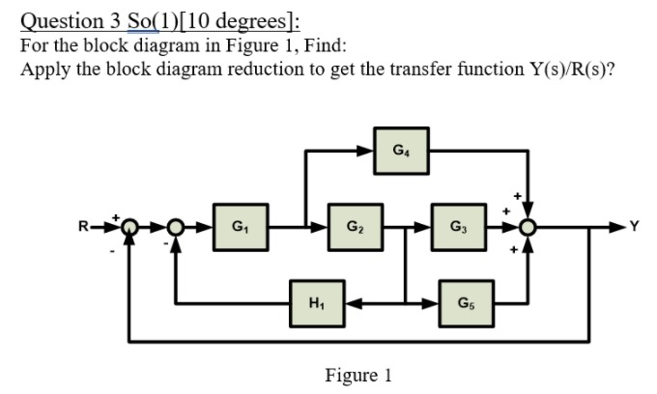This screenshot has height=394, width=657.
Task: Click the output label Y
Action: point(634,228)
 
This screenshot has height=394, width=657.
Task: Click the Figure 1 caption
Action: point(358,374)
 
